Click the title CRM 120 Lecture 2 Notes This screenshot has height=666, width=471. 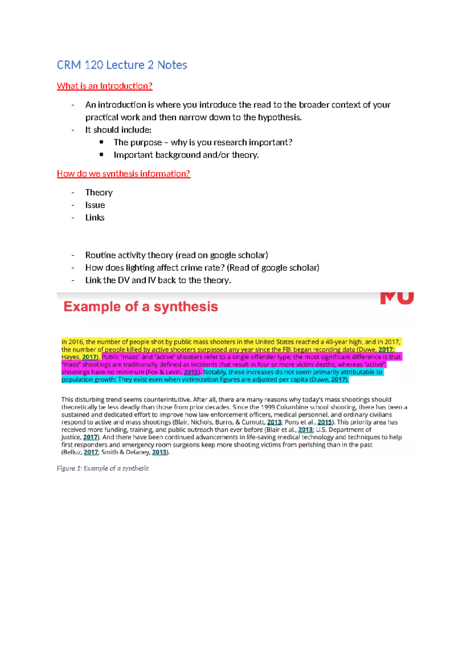(x=122, y=65)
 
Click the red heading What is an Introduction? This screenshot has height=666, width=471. (x=104, y=86)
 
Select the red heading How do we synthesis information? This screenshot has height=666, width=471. (x=124, y=174)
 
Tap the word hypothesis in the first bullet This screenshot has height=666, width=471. (x=279, y=117)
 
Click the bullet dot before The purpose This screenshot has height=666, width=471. (x=102, y=142)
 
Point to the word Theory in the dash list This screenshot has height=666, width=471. (x=99, y=192)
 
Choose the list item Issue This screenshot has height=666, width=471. (x=95, y=205)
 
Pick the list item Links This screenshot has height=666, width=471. (x=95, y=218)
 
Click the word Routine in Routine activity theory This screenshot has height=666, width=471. (x=100, y=255)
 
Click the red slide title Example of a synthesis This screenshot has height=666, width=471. (x=141, y=307)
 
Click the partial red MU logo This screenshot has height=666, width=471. (x=397, y=298)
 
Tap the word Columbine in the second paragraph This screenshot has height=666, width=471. (x=293, y=407)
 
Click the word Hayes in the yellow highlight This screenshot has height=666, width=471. (x=71, y=357)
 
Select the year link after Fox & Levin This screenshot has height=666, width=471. (x=191, y=372)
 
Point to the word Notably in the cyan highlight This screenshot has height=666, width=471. (x=215, y=372)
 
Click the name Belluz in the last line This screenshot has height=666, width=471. (x=72, y=452)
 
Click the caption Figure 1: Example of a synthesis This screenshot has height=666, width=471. (x=102, y=468)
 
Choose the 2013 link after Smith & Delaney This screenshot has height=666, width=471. (x=159, y=452)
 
